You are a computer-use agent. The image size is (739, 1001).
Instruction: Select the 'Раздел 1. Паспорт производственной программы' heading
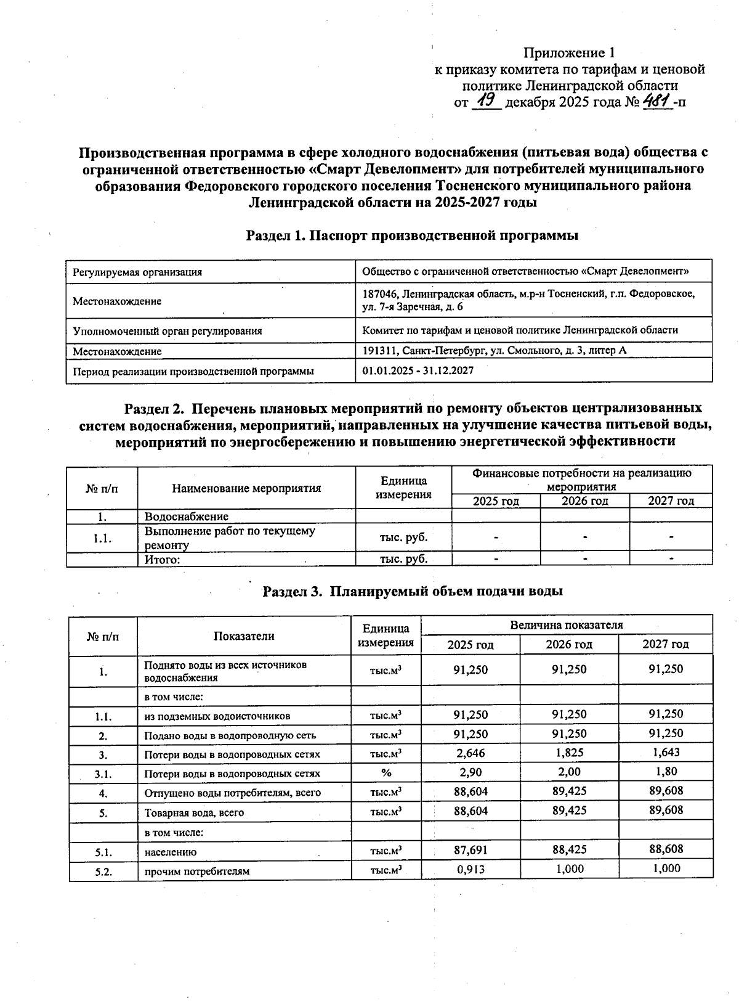[412, 235]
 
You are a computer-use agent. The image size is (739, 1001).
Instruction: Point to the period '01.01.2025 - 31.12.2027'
[418, 370]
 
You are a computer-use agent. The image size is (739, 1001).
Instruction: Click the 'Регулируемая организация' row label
[137, 272]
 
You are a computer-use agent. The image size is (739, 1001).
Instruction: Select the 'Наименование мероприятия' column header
[246, 488]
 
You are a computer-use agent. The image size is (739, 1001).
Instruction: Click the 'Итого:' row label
[162, 560]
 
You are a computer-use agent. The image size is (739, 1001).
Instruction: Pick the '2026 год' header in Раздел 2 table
[584, 501]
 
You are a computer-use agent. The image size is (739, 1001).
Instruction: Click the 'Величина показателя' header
[567, 625]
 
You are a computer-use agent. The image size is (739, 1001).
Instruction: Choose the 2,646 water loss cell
[470, 753]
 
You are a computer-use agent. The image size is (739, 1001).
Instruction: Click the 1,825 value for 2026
[569, 753]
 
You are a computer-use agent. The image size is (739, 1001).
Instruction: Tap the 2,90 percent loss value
[470, 772]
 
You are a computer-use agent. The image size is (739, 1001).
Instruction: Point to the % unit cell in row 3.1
[386, 773]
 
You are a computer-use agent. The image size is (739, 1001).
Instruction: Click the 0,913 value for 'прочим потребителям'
[470, 869]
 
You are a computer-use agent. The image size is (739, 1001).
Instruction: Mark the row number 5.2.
[103, 872]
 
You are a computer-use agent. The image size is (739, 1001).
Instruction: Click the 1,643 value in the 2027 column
[666, 753]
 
